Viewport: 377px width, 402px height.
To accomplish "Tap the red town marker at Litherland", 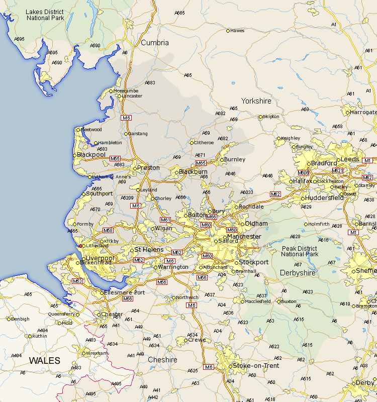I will click(81, 246).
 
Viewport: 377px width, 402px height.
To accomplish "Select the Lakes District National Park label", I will click(45, 15).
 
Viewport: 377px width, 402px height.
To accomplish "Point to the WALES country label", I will click(44, 360).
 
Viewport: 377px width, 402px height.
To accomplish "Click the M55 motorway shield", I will click(115, 158).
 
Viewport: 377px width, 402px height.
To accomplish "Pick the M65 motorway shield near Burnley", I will click(201, 163).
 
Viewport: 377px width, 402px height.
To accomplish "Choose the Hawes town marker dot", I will click(228, 31).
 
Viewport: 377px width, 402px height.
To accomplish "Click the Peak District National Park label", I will click(300, 251).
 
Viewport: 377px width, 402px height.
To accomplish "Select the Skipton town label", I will click(271, 117).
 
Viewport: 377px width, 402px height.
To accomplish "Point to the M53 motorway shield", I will click(77, 281).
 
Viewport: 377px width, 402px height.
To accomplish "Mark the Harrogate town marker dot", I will click(347, 113).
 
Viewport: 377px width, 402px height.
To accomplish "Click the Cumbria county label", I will click(155, 43).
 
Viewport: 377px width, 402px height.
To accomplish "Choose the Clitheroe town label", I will click(204, 142).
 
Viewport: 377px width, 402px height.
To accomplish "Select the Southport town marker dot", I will click(84, 194).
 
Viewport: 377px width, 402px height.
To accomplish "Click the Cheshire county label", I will click(162, 360).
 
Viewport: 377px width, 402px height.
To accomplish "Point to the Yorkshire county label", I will click(256, 101).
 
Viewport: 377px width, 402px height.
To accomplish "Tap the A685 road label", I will click(180, 12).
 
